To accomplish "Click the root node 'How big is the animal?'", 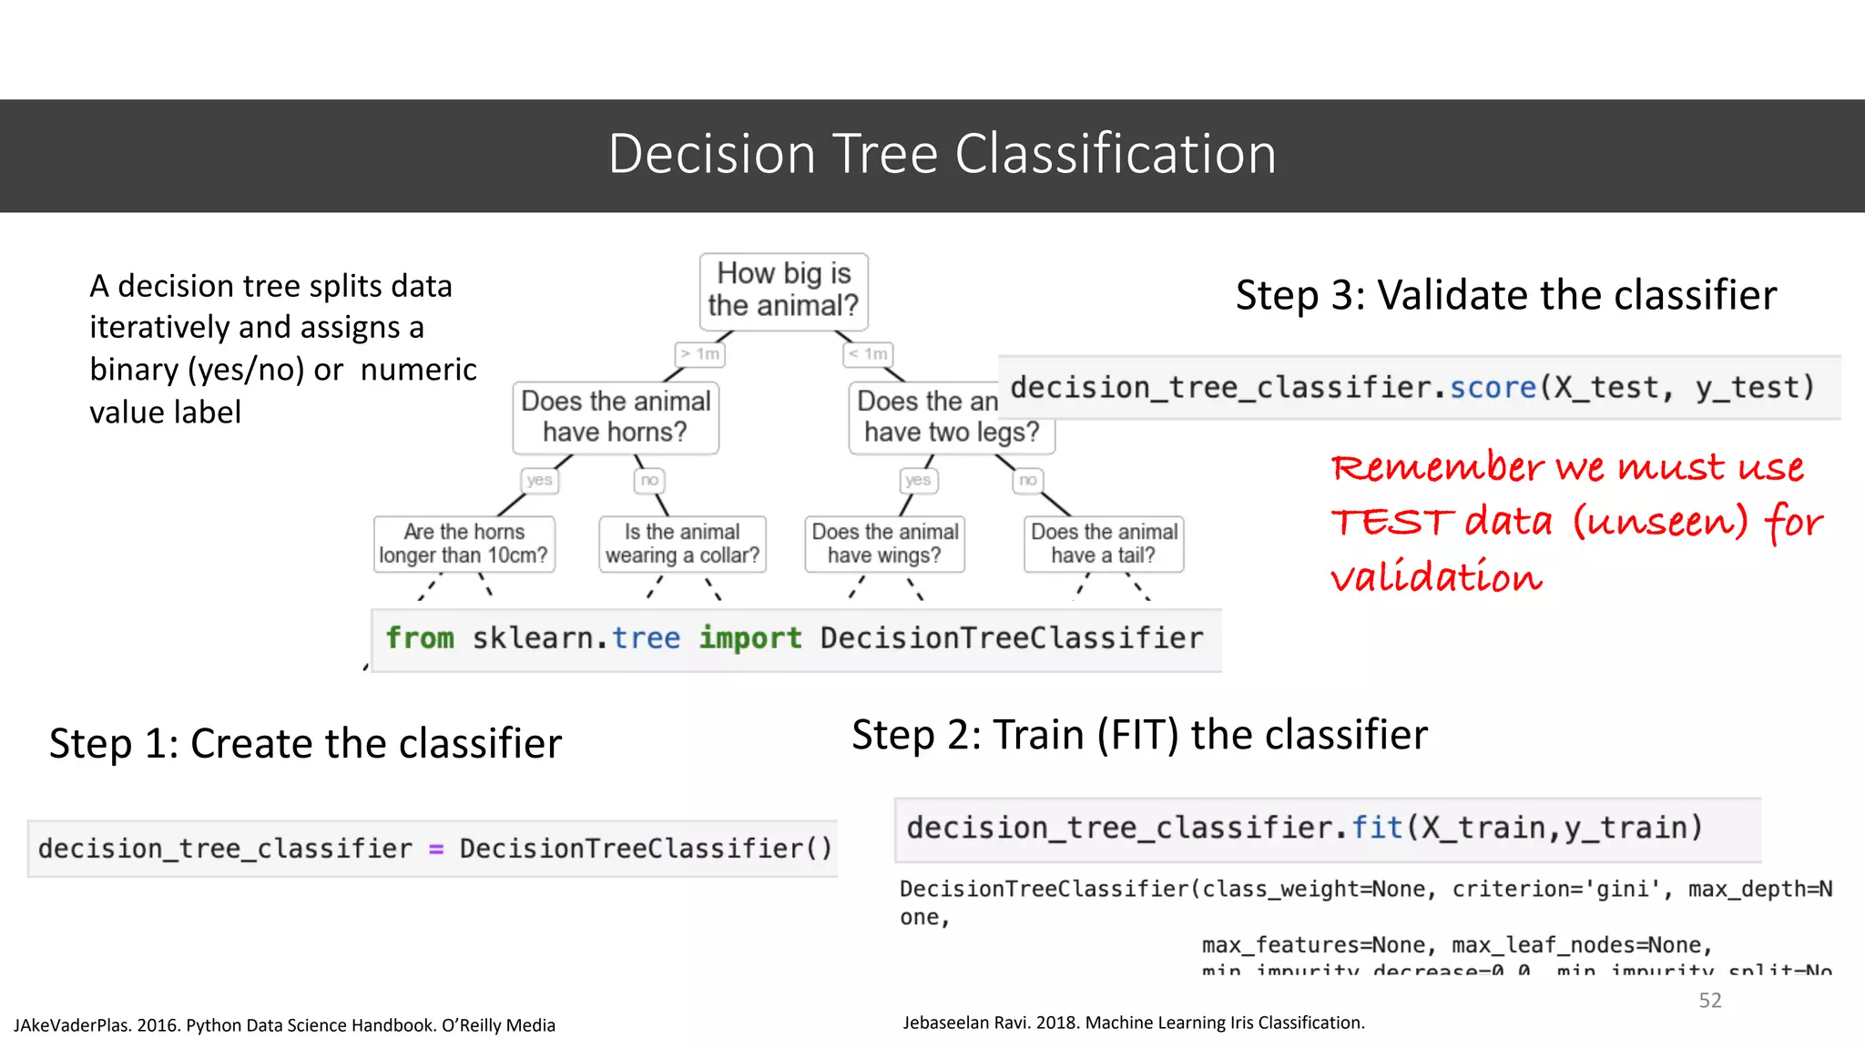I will [x=783, y=290].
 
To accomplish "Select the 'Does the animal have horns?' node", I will [x=616, y=417].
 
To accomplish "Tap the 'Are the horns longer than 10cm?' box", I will [x=464, y=544].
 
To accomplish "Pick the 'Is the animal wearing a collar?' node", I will [x=682, y=544].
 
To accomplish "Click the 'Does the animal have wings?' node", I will [x=884, y=544].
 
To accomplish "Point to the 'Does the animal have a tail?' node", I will [x=1104, y=544].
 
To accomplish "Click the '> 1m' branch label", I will [x=700, y=353].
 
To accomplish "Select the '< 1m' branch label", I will [x=868, y=353].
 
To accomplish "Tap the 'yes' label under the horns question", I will [x=539, y=480].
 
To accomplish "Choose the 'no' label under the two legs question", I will [x=1027, y=480].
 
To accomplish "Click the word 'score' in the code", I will [x=1493, y=388].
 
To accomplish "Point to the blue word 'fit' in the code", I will [x=1377, y=828].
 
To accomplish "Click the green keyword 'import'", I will [x=750, y=638].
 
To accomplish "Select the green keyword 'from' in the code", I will [x=420, y=638].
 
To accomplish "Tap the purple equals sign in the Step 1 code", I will [x=436, y=850].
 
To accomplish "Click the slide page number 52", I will [x=1710, y=1001].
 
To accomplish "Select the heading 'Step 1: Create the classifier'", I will [x=305, y=744].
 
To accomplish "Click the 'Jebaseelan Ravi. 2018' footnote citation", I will [x=1133, y=1023].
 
